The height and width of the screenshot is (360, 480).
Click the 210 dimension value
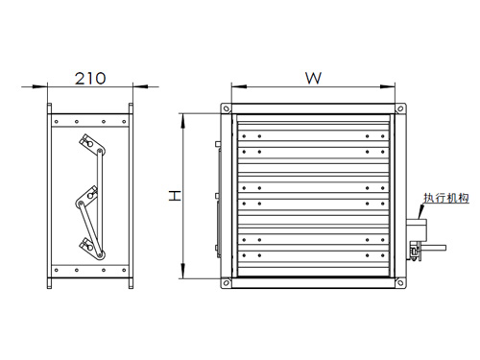(90, 79)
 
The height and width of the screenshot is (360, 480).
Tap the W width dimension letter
(313, 78)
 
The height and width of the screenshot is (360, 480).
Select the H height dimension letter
(175, 196)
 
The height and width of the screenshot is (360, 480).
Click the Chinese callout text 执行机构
(446, 198)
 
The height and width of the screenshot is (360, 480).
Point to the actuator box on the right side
(417, 230)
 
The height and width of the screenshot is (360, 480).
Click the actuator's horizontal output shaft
(434, 247)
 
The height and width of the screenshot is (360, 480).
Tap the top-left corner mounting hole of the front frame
(227, 108)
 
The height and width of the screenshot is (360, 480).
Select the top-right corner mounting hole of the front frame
(400, 108)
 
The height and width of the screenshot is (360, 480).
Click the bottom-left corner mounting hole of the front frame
(227, 283)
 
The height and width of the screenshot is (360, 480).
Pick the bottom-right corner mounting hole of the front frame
(400, 283)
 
